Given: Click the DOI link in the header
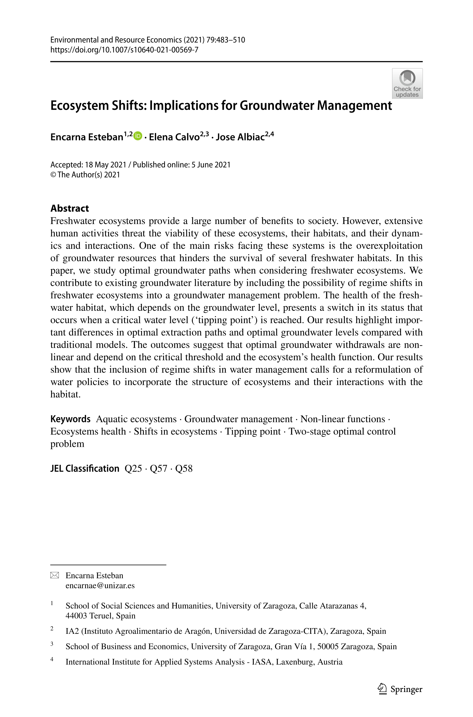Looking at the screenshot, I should pyautogui.click(x=124, y=50).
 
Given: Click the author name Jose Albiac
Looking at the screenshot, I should pyautogui.click(x=240, y=137).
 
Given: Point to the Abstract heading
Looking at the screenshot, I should pyautogui.click(x=70, y=208).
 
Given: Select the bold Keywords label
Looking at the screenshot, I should pyautogui.click(x=70, y=419).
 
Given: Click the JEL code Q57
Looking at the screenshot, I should pyautogui.click(x=158, y=468).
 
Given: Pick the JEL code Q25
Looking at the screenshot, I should pyautogui.click(x=133, y=468).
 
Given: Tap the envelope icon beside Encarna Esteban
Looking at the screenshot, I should pyautogui.click(x=55, y=576).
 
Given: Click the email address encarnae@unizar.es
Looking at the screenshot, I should pyautogui.click(x=100, y=585).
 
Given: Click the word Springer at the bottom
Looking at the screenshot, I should pyautogui.click(x=406, y=689).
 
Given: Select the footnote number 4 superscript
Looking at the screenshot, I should pyautogui.click(x=52, y=659).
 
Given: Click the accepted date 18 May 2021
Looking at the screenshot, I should pyautogui.click(x=105, y=165).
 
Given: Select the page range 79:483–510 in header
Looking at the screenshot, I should pyautogui.click(x=226, y=40).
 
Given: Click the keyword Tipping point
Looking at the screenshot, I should pyautogui.click(x=253, y=431).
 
